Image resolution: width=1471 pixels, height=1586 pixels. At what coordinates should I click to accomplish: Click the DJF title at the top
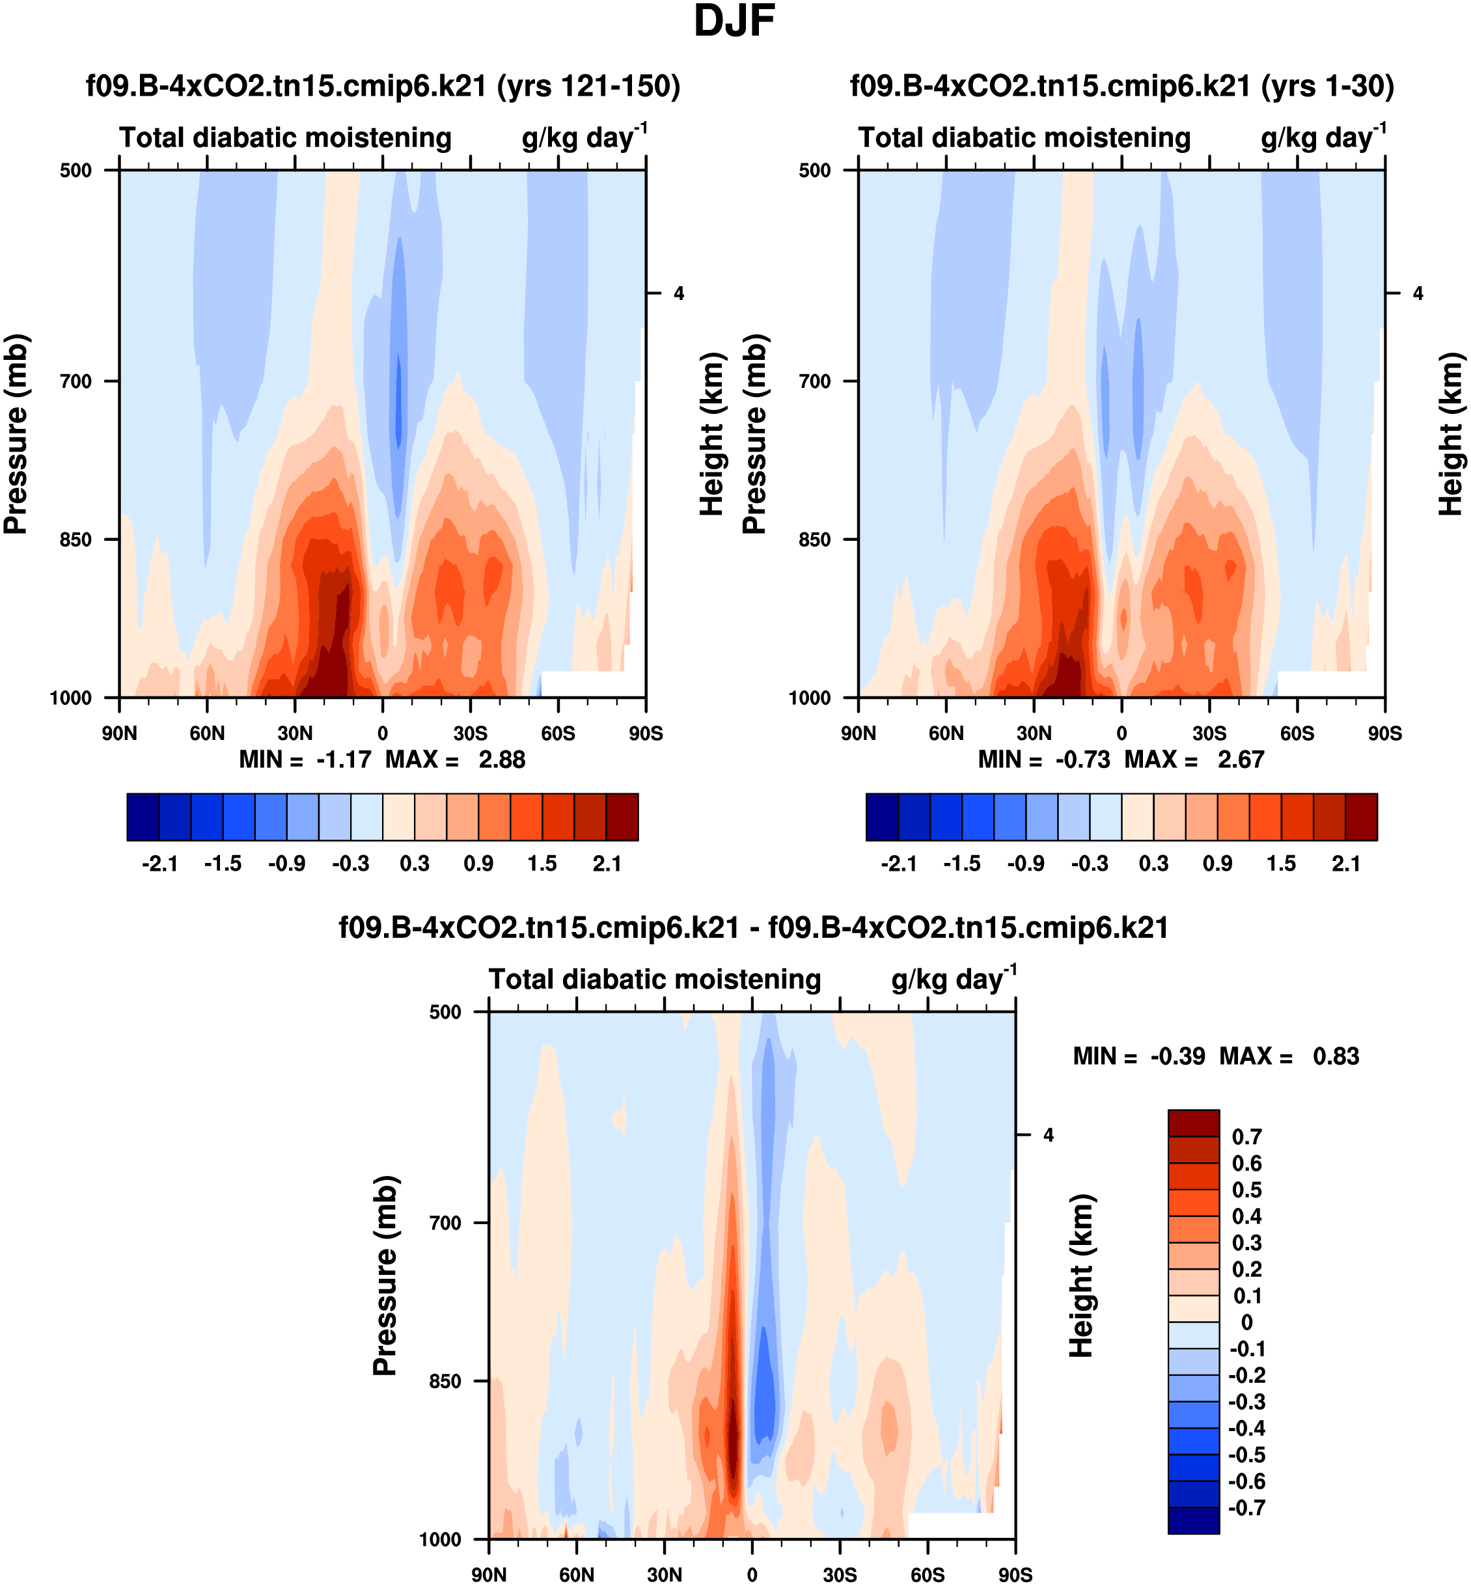coord(734,21)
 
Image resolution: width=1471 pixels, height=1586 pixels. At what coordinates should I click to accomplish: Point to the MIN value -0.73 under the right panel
coord(1082,760)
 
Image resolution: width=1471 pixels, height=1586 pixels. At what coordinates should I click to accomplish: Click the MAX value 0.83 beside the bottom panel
coord(1336,1057)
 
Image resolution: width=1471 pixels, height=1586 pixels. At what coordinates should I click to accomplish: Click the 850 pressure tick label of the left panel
coord(76,540)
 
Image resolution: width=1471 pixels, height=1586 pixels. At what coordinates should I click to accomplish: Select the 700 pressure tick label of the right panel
coord(815,381)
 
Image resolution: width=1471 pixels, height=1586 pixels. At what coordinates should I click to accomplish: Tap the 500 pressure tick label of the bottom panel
coord(446,1012)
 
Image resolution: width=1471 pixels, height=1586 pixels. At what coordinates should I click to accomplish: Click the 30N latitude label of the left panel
coord(296,733)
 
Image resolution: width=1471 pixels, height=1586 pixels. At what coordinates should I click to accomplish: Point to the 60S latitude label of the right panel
coord(1297,733)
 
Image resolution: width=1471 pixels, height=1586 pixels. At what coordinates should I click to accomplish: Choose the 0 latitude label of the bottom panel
coord(752,1575)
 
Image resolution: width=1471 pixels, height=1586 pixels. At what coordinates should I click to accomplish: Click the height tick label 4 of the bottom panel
coord(1049,1136)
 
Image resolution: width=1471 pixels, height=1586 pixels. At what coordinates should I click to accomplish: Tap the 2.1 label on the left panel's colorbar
coord(607,864)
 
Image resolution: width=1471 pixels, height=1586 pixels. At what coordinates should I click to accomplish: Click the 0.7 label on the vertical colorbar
coord(1246,1137)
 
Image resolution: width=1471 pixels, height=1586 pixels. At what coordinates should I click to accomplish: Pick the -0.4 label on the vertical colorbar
coord(1246,1429)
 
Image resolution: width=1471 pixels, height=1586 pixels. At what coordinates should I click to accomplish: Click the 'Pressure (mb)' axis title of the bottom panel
coord(385,1275)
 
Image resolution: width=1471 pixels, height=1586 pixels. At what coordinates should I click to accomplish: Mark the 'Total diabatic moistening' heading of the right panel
coord(1024,139)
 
